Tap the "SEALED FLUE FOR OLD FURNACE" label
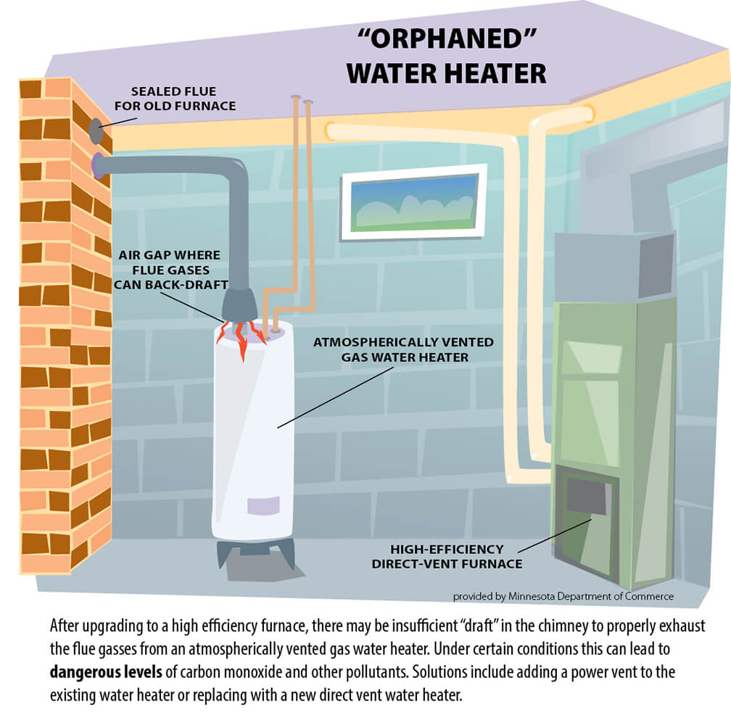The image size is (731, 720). [183, 99]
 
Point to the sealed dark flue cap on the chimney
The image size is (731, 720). [96, 131]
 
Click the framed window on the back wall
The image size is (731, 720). [413, 202]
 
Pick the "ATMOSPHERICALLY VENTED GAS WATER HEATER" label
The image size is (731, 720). [403, 349]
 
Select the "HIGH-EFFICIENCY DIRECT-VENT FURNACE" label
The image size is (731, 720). [447, 557]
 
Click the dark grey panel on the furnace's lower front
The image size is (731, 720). [586, 497]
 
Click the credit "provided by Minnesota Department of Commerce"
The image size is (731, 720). [563, 597]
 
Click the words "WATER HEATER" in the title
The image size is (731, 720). [446, 73]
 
